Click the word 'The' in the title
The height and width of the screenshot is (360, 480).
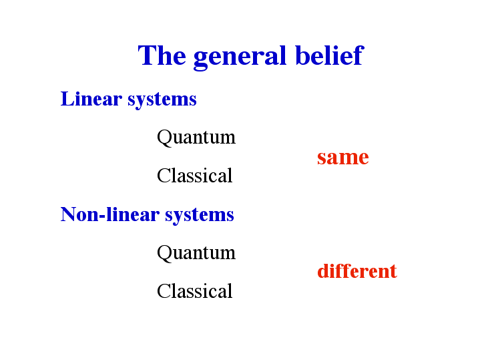coord(162,55)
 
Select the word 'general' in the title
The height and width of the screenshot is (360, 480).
coord(240,57)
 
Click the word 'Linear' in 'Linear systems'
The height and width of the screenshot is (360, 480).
coord(91,99)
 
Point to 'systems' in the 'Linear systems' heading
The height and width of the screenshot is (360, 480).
coord(162,100)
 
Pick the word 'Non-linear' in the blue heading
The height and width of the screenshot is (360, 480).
coord(110,214)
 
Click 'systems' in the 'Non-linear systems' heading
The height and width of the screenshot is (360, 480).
coord(200,216)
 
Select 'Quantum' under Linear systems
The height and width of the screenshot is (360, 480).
coord(196,138)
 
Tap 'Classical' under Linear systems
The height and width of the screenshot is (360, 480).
coord(195,175)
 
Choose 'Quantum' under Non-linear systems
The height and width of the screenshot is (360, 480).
coord(196,253)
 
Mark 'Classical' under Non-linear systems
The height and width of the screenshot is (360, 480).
coord(195,291)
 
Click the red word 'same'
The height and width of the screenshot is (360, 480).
coord(343,158)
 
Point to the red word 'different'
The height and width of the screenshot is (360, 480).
coord(357,271)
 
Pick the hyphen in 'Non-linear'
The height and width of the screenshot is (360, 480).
coord(102,216)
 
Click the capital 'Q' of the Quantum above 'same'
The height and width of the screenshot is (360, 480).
coord(165,138)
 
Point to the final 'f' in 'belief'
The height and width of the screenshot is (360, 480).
coord(358,55)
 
